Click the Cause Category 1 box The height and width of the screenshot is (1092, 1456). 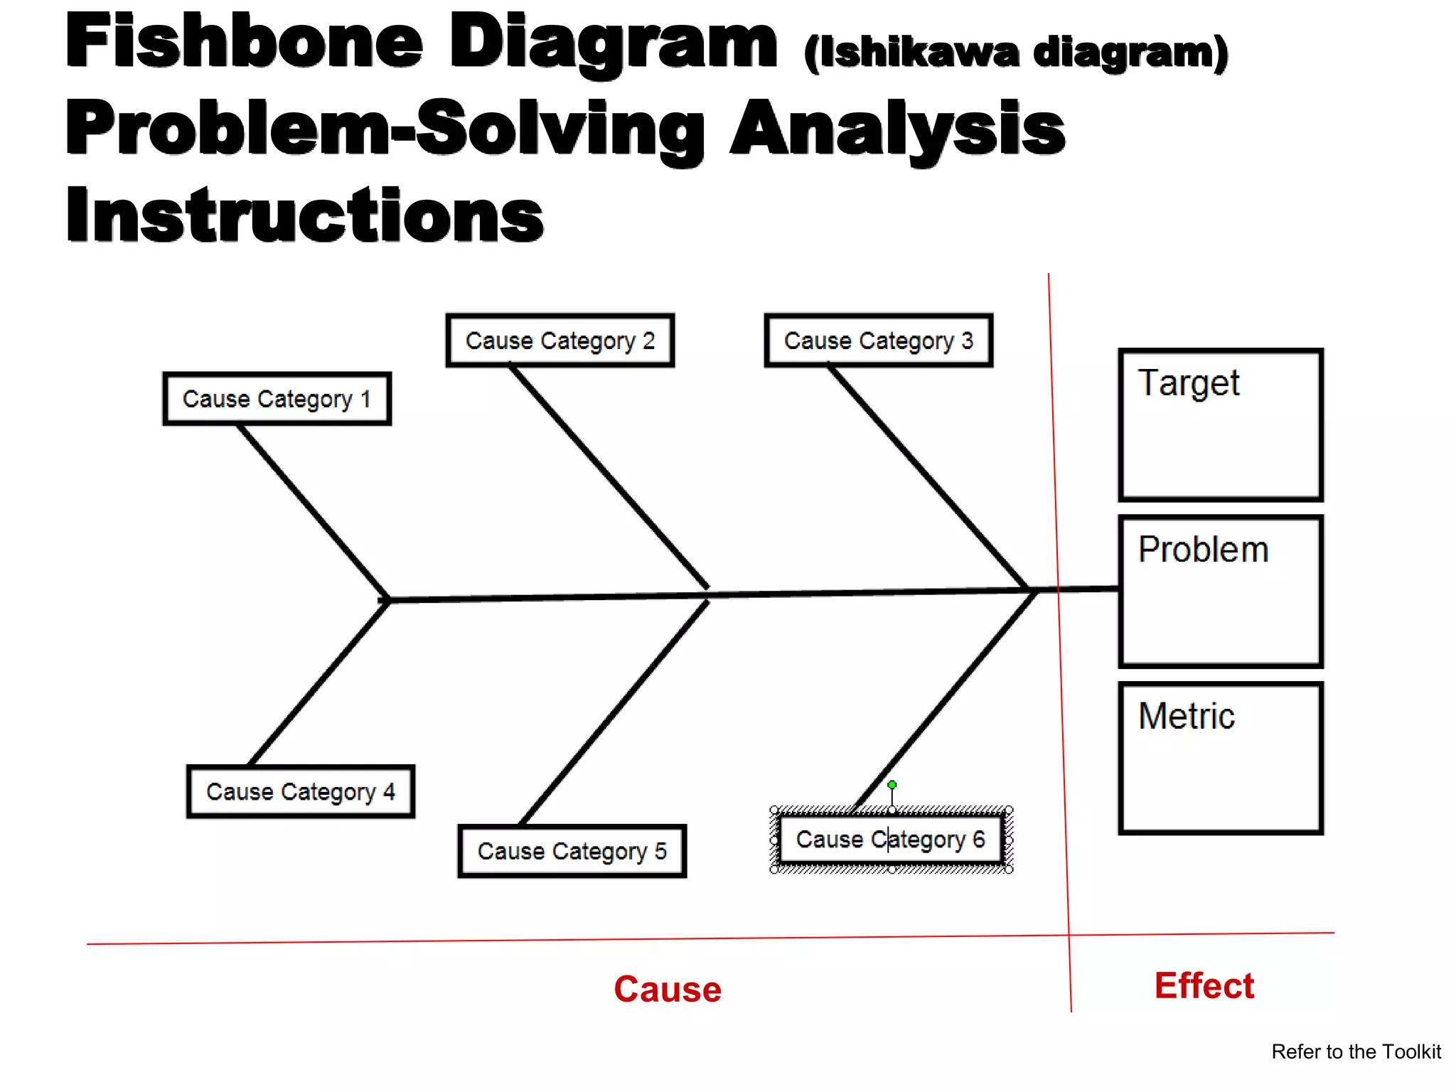point(277,399)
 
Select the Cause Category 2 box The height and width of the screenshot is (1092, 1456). point(560,341)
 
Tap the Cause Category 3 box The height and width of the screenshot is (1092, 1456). point(878,341)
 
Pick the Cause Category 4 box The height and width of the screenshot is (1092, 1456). point(300,791)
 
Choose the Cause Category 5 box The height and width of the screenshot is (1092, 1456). point(572,851)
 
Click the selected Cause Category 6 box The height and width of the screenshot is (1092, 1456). point(890,840)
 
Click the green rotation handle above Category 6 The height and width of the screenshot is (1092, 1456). point(892,785)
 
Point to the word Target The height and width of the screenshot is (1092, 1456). point(1189,384)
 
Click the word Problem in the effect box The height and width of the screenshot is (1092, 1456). point(1203,550)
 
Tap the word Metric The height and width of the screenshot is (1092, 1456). point(1187,716)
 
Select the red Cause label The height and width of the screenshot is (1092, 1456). point(668,989)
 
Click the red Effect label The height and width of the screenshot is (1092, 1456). point(1204,986)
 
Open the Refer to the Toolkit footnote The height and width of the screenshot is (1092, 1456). point(1356,1051)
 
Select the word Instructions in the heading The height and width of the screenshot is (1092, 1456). point(304,215)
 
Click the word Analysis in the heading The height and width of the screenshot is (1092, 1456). point(897,128)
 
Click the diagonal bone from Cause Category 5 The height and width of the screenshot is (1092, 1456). point(615,712)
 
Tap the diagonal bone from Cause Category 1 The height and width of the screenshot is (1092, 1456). point(313,512)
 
